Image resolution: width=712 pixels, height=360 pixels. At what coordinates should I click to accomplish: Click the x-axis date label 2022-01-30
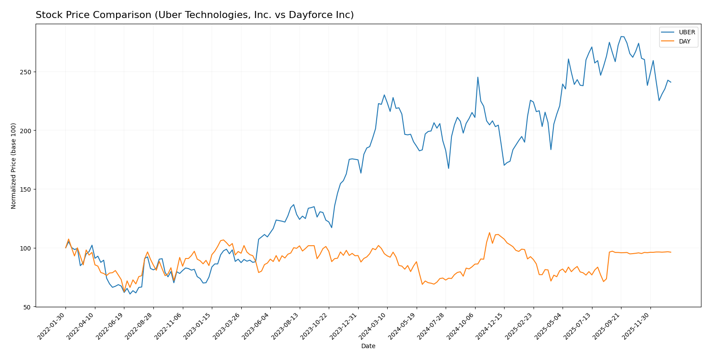(x=52, y=326)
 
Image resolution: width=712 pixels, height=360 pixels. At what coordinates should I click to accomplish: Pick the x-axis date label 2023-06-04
(x=256, y=326)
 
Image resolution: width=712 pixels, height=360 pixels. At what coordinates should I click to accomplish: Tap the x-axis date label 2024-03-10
(x=373, y=326)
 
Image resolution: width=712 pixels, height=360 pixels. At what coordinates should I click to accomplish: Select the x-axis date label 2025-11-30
(x=636, y=326)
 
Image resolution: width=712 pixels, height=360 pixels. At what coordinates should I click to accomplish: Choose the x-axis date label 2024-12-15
(x=490, y=326)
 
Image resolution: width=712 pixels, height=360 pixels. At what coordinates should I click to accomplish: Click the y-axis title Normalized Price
(x=14, y=166)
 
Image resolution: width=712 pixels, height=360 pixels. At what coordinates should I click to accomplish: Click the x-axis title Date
(x=368, y=346)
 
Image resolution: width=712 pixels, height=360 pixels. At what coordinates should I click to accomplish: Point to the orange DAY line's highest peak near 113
(x=490, y=233)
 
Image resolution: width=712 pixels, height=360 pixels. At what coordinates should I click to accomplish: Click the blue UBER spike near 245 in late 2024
(x=478, y=77)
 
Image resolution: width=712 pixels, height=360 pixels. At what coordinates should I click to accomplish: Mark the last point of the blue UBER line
(x=671, y=82)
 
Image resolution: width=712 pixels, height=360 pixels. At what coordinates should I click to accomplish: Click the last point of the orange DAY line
(x=671, y=252)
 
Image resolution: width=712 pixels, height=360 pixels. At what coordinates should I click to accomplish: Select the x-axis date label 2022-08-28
(x=139, y=326)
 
